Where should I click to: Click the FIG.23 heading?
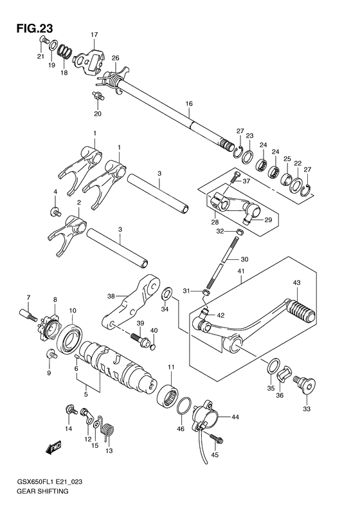[35, 28]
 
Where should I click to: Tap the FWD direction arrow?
[53, 448]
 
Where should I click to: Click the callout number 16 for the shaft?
[189, 104]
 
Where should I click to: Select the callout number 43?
[297, 282]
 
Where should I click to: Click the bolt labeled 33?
[305, 386]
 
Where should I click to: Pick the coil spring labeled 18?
[64, 51]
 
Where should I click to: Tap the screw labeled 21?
[44, 40]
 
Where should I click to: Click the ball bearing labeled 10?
[70, 340]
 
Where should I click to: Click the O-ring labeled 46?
[184, 406]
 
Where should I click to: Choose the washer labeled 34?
[167, 295]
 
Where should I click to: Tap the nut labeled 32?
[239, 232]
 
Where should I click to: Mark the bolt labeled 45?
[217, 439]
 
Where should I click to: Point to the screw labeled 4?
[55, 212]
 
